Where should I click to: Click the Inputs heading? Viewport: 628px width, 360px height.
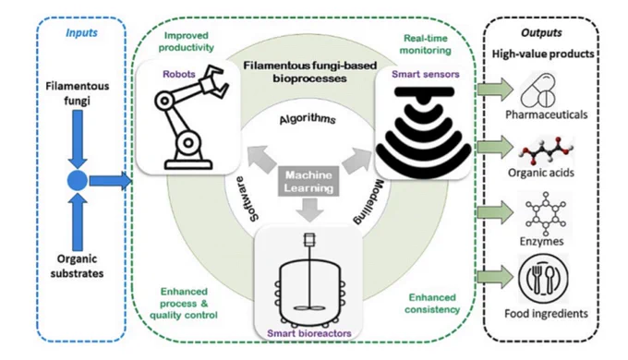[x=81, y=33]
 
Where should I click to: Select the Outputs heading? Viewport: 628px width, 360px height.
[x=541, y=33]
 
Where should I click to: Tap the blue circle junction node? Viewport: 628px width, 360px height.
[x=78, y=181]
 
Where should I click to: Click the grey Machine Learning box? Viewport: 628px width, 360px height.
[x=308, y=182]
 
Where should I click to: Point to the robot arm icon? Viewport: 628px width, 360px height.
[x=188, y=117]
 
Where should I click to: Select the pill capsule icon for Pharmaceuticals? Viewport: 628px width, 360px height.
[x=538, y=90]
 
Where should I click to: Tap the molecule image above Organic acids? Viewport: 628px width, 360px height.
[x=547, y=151]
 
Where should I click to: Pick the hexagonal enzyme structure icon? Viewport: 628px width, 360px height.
[x=546, y=213]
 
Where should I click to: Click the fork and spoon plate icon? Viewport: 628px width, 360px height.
[x=543, y=279]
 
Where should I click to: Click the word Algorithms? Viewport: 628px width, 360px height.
[x=308, y=119]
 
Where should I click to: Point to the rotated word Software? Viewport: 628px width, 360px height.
[x=248, y=199]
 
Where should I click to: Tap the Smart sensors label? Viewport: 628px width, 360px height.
[x=426, y=74]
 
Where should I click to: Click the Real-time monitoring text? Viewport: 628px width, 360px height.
[x=426, y=44]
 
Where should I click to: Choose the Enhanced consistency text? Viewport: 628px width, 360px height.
[x=432, y=304]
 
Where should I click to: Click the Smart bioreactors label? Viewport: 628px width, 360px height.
[x=309, y=333]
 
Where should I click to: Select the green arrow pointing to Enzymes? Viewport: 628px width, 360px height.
[x=495, y=212]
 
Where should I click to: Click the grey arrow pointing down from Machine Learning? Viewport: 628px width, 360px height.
[x=309, y=210]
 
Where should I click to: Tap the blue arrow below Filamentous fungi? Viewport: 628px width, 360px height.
[x=78, y=139]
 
